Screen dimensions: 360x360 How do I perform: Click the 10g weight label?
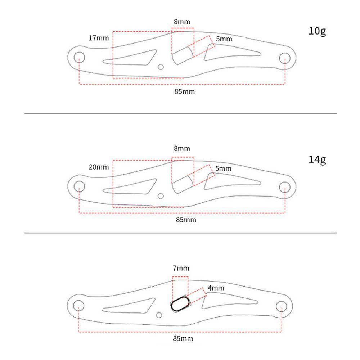click(x=317, y=31)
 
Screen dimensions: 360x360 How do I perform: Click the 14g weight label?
click(x=317, y=159)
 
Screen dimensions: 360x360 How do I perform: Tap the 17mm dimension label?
click(x=99, y=38)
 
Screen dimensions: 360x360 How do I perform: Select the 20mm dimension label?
click(x=99, y=167)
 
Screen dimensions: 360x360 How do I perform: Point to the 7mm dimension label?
click(x=181, y=268)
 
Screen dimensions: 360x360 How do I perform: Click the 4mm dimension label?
click(x=216, y=288)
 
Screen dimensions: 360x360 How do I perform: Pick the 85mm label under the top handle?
click(x=184, y=91)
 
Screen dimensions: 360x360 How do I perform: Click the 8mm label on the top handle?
click(x=182, y=22)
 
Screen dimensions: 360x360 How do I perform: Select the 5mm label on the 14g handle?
click(x=224, y=168)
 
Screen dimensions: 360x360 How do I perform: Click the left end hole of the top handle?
click(x=79, y=57)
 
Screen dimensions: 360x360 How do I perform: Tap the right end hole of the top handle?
click(x=285, y=58)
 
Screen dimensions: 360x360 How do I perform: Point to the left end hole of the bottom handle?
click(x=78, y=306)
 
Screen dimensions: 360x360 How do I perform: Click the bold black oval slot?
click(x=179, y=304)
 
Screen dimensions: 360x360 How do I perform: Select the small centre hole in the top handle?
click(x=161, y=67)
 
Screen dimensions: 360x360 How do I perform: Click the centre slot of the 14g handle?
click(x=182, y=185)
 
